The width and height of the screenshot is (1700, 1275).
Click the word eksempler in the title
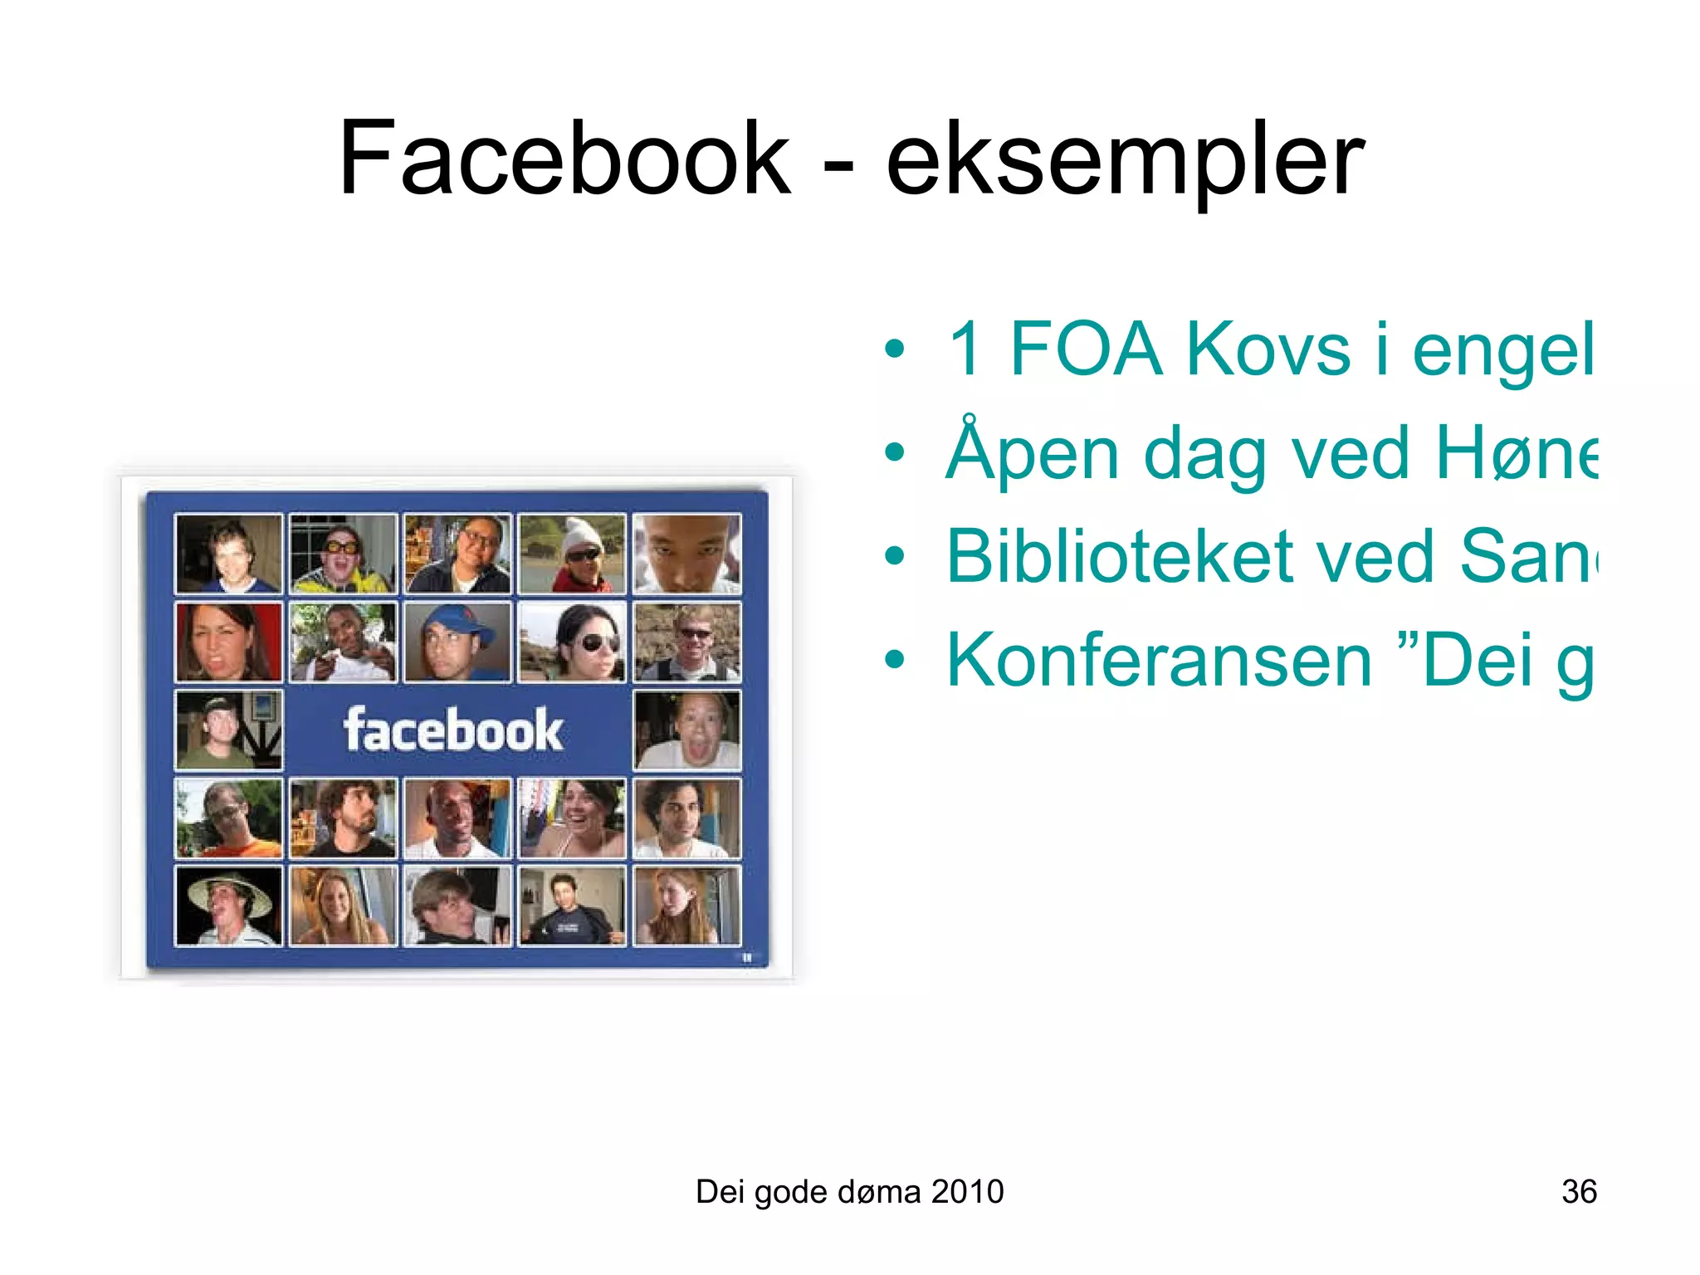tap(1125, 162)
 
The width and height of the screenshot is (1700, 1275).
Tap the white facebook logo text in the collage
tap(453, 730)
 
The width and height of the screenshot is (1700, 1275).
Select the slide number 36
tap(1579, 1192)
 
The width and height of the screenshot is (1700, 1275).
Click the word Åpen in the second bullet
tap(1033, 452)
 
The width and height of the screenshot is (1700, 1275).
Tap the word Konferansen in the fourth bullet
tap(1158, 660)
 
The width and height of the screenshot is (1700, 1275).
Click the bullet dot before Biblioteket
tap(894, 556)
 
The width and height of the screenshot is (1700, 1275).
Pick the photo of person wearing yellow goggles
tap(343, 554)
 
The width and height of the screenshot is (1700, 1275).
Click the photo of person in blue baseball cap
tap(457, 642)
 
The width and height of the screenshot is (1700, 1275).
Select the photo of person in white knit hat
tap(572, 554)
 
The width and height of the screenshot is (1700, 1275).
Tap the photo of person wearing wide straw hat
tap(228, 906)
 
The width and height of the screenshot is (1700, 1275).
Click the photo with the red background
tap(228, 642)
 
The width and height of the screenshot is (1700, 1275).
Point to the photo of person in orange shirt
tap(228, 818)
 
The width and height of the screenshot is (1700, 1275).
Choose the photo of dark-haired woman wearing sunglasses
tap(572, 642)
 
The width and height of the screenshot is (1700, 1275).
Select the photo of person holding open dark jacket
tap(572, 906)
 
